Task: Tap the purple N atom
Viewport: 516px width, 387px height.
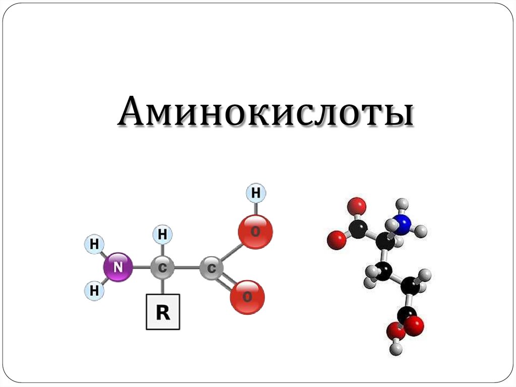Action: coord(118,267)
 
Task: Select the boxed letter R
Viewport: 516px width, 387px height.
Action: coord(163,313)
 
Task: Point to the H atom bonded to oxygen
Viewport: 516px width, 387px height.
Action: coord(256,193)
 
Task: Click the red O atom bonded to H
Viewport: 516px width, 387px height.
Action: coord(255,232)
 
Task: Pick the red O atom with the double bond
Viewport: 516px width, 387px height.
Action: coord(247,297)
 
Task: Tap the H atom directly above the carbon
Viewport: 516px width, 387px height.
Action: coord(162,235)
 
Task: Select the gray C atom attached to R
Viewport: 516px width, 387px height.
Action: coord(162,268)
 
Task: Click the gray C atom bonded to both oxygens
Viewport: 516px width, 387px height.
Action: coord(211,268)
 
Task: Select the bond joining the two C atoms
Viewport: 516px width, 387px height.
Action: coord(186,268)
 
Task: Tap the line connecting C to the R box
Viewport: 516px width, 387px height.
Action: coord(162,288)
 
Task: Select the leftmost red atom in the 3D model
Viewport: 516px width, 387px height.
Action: coord(336,240)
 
